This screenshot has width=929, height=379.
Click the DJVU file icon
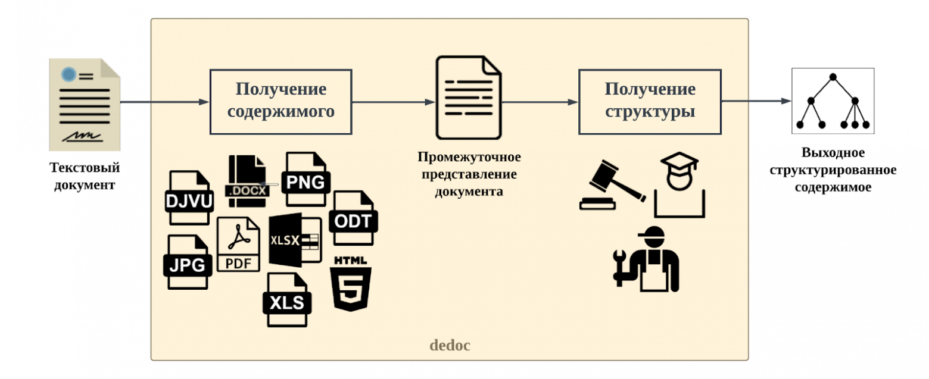click(189, 198)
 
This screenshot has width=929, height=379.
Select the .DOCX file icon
click(247, 181)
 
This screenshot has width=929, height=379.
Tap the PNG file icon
click(306, 178)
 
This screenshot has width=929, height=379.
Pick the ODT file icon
click(353, 218)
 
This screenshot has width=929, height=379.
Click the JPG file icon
click(188, 262)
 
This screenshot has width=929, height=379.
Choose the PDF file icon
click(238, 244)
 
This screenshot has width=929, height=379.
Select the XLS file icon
click(287, 300)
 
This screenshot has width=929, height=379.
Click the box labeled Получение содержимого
click(280, 102)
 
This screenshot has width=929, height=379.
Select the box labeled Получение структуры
click(650, 102)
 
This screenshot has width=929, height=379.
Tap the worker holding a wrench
click(646, 259)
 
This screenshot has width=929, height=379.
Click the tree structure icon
click(833, 101)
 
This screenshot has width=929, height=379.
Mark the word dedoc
click(450, 345)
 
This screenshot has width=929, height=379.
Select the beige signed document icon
click(85, 104)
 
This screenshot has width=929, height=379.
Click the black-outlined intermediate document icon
click(468, 98)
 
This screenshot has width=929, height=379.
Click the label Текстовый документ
click(85, 176)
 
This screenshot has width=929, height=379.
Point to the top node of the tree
click(833, 77)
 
